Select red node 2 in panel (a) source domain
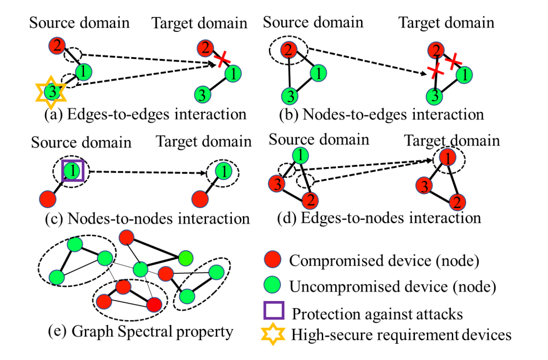[x=56, y=45]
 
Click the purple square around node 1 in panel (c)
[x=72, y=171]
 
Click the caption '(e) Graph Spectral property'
[x=140, y=332]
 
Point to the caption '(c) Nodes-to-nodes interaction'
[x=147, y=218]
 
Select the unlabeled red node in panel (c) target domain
[x=199, y=199]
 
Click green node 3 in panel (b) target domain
[x=435, y=96]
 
